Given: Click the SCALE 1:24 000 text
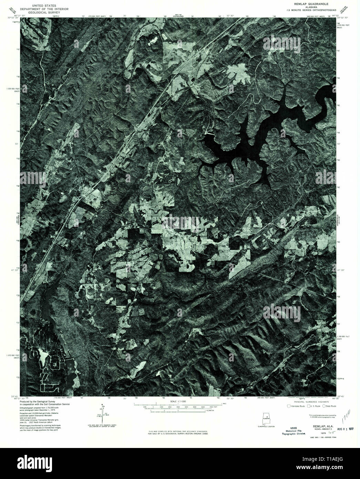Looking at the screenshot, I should tap(178, 402).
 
